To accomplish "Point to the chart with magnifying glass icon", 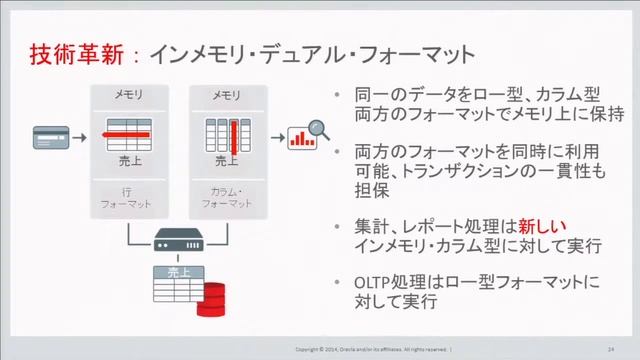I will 307,135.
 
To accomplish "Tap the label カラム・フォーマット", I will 227,196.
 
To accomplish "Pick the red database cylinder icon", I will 212,297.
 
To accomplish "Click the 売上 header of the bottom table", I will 177,271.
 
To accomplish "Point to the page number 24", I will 610,349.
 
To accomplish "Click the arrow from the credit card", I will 83,133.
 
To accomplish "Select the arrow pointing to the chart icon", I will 276,134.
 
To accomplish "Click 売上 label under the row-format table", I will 129,160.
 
